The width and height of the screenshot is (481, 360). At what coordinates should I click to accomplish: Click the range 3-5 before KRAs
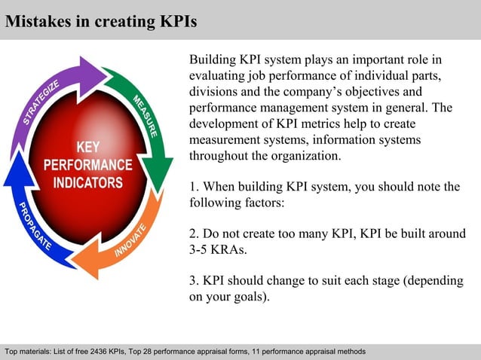[201, 249]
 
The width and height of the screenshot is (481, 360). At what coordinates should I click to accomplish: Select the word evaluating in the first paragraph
[218, 76]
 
